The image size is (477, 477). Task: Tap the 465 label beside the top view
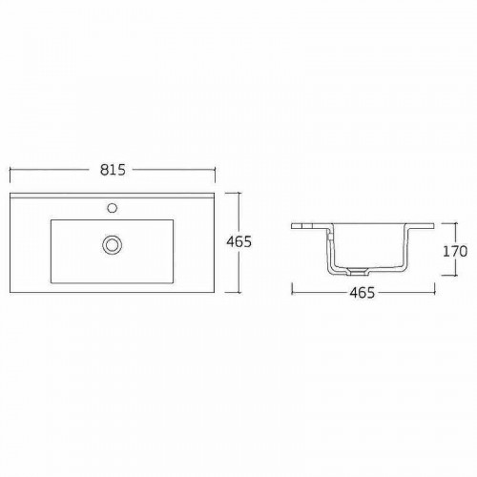(x=240, y=242)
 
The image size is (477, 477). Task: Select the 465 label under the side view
(x=361, y=293)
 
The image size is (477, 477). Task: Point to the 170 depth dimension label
(x=455, y=252)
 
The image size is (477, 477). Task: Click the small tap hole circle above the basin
(x=112, y=206)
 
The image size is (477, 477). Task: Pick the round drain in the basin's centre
(x=112, y=244)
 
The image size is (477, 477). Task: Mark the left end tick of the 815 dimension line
(x=10, y=170)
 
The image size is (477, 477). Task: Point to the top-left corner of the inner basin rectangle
(x=51, y=220)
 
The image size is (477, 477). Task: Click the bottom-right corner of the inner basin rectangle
(x=174, y=281)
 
